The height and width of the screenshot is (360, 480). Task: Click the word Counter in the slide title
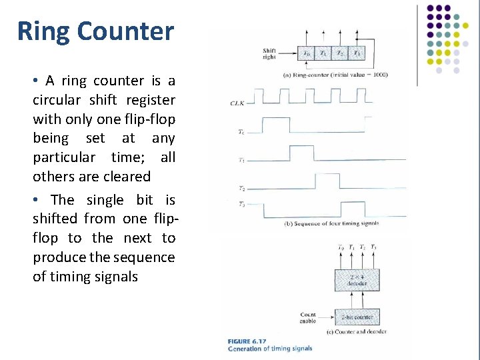tap(125, 31)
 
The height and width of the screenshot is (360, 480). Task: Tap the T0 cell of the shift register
tap(306, 53)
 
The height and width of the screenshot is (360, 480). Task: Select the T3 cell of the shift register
tap(357, 53)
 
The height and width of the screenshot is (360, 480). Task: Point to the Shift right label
tap(269, 53)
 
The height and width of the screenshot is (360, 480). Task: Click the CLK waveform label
tap(238, 103)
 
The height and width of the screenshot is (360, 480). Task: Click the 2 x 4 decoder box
tap(357, 279)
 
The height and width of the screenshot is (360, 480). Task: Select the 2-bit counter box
tap(357, 317)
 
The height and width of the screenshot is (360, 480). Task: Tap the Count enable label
tap(308, 317)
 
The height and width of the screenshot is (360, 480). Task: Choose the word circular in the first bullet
tap(57, 100)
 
